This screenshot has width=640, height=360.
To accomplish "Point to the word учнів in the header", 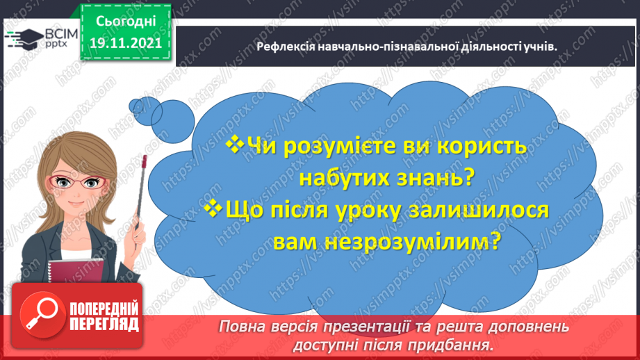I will [x=541, y=46].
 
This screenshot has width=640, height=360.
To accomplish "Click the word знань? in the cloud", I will [x=432, y=178].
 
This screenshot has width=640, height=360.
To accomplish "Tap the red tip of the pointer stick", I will [x=144, y=161].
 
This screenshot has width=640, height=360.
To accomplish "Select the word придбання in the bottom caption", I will [x=458, y=344].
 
